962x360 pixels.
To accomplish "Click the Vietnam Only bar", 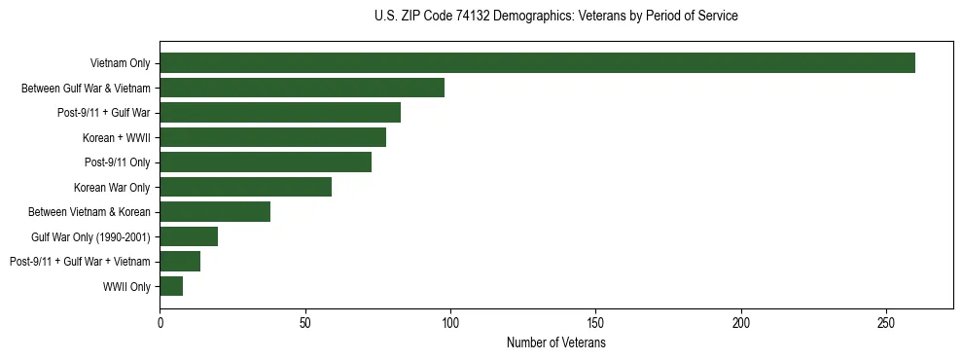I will point(537,63).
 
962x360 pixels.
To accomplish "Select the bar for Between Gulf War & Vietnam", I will point(302,88).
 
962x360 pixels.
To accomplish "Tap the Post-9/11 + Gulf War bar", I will point(280,113).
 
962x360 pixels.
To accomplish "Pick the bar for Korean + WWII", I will point(272,137).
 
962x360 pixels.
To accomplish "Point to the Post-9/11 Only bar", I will point(266,162).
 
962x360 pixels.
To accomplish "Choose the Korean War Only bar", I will point(245,187).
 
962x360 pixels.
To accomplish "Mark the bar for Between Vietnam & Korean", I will point(215,212).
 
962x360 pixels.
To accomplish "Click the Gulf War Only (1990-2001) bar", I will point(189,236).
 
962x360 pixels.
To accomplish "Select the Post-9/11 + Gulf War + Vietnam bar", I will point(180,262).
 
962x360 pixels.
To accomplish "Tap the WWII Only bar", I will point(171,286).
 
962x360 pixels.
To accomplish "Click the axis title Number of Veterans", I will point(556,343).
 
